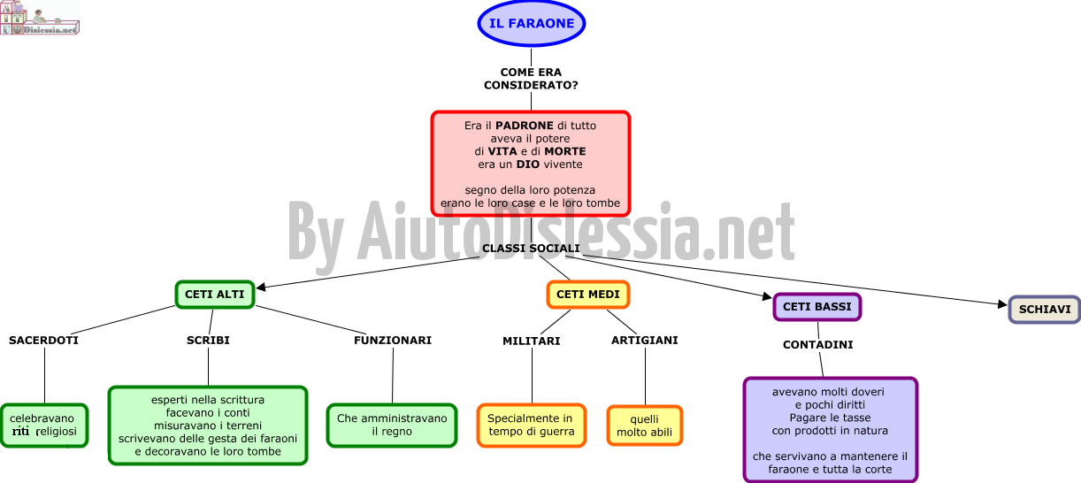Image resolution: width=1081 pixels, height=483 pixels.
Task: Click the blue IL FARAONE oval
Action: pyautogui.click(x=532, y=23)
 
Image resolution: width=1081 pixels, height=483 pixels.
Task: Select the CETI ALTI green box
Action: pyautogui.click(x=215, y=295)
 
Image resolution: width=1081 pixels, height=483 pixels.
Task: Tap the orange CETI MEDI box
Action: pyautogui.click(x=587, y=295)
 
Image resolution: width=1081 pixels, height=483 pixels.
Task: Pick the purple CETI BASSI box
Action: pyautogui.click(x=817, y=307)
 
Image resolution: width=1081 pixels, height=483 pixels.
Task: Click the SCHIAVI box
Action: pyautogui.click(x=1045, y=310)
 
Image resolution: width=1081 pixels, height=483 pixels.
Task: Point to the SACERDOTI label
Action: pyautogui.click(x=43, y=341)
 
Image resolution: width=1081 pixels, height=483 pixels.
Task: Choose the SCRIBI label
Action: pyautogui.click(x=208, y=341)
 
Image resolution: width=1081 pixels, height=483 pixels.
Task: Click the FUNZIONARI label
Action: pyautogui.click(x=393, y=341)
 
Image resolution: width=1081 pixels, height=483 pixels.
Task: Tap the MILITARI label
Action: pyautogui.click(x=532, y=341)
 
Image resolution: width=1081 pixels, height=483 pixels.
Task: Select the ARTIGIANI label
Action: pyautogui.click(x=645, y=341)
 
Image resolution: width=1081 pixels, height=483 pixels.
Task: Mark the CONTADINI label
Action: pyautogui.click(x=818, y=344)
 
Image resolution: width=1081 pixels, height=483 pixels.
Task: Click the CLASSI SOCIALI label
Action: pyautogui.click(x=531, y=248)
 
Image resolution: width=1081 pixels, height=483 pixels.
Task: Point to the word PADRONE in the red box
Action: pyautogui.click(x=525, y=126)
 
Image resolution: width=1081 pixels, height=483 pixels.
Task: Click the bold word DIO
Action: pyautogui.click(x=527, y=164)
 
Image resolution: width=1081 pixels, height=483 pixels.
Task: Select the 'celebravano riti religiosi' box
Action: pyautogui.click(x=44, y=425)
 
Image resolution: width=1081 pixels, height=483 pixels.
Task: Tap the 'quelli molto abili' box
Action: pyautogui.click(x=645, y=425)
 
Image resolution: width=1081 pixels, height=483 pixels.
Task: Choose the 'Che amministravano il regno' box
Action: pyautogui.click(x=392, y=425)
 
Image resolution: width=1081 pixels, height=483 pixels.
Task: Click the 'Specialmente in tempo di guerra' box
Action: pyautogui.click(x=532, y=425)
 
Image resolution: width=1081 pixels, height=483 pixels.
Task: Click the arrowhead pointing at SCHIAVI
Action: pyautogui.click(x=1003, y=303)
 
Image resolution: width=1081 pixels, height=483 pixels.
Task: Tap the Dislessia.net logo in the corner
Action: pyautogui.click(x=40, y=18)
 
